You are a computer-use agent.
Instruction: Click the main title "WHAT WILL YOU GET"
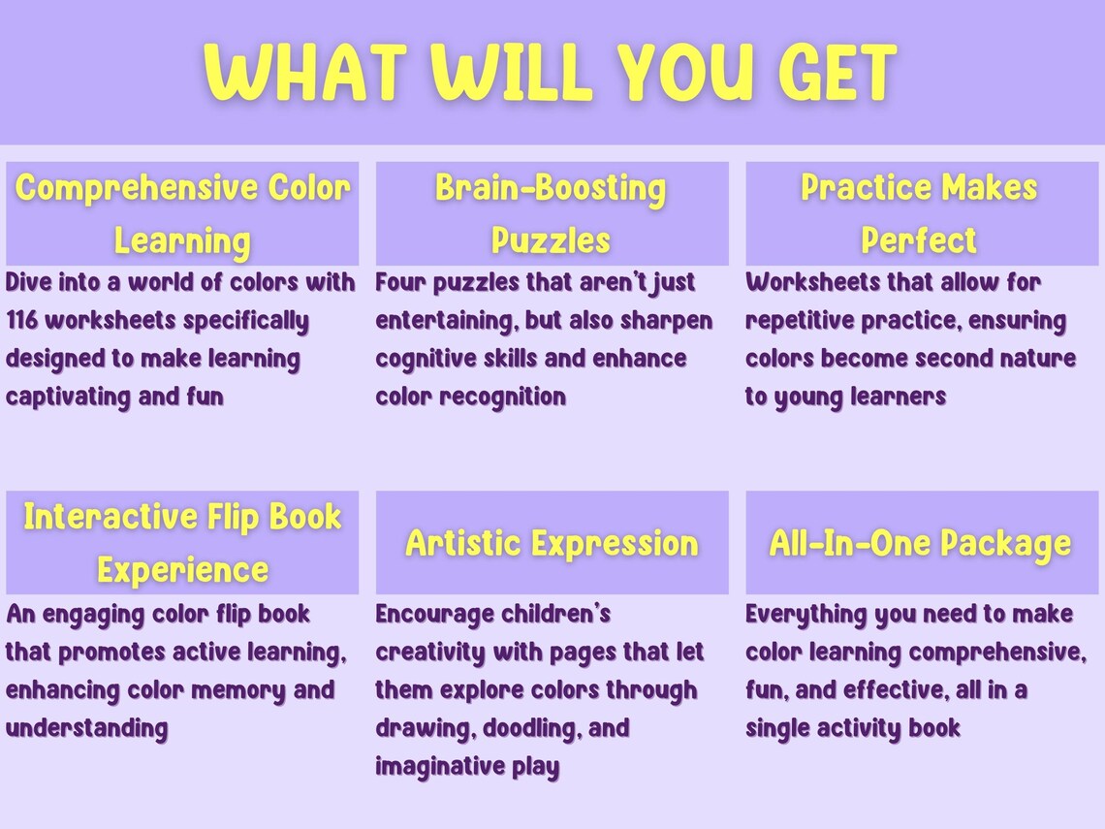coord(551,73)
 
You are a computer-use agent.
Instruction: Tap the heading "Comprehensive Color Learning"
coord(182,213)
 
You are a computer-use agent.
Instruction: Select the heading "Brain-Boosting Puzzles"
coord(551,213)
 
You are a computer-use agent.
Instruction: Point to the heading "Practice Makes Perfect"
coord(919,213)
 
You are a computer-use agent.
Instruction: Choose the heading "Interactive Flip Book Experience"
coord(182,542)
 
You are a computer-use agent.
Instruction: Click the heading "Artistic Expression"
coord(552,543)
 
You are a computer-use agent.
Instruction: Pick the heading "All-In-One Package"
coord(920,543)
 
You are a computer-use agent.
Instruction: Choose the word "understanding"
coord(86,728)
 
